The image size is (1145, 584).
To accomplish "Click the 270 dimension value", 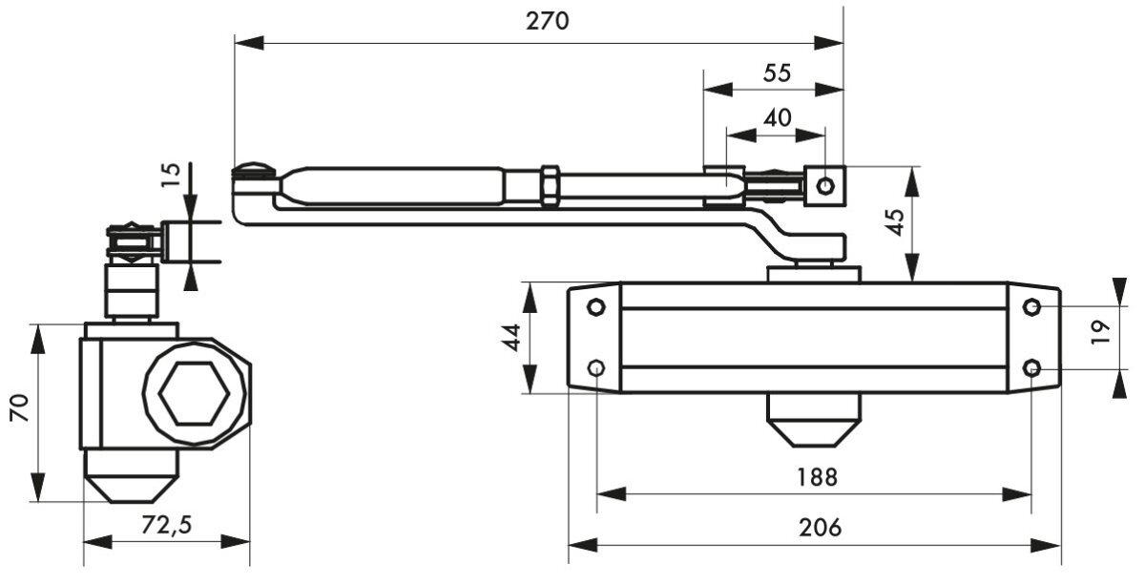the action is pos(547,22).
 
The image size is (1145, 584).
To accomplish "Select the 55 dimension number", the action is pos(777,73).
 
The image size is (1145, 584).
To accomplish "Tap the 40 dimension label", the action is pos(778,118).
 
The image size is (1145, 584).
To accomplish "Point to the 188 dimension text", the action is pos(818,477).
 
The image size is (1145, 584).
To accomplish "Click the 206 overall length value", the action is pos(820,528).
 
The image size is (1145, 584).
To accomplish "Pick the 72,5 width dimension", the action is pos(167,525).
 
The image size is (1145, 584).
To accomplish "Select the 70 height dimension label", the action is pos(20,407).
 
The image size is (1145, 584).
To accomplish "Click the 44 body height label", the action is pos(512,338).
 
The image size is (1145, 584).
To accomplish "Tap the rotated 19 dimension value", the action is pos(1100,332).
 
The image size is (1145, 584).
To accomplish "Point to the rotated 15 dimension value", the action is pos(172,176).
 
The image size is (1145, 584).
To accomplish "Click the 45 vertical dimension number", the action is pos(895,222).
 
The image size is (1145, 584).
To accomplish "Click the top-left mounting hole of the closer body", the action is pos(596,307).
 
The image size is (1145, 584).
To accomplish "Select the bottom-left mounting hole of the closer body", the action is pos(596,367).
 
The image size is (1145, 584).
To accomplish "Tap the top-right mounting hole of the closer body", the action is pos(1031,307).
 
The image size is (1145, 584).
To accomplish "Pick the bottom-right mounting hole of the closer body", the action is pos(1031,368).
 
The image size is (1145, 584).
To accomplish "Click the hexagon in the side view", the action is pos(194,394).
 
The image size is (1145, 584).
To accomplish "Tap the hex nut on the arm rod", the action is pos(550,186).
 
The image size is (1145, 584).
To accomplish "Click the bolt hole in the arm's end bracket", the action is pos(825,185).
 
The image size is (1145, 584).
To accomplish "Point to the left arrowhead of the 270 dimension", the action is pos(249,43).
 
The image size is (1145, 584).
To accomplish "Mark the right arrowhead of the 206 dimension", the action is pos(1046,545).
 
